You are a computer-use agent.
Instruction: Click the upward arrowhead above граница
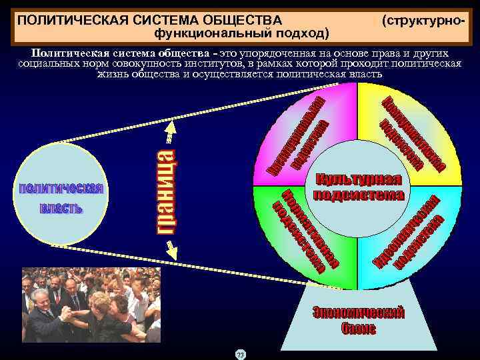point(170,127)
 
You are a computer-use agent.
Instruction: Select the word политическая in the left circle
point(60,189)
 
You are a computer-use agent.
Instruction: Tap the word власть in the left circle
point(61,209)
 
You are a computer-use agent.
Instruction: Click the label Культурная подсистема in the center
point(359,187)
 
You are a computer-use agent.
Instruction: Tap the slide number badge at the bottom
point(241,354)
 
